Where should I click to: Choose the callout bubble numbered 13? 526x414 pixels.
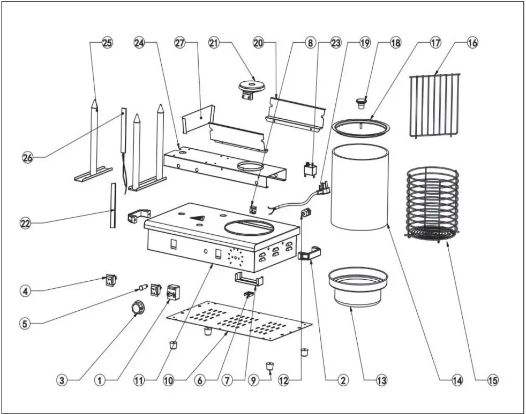[x=381, y=381]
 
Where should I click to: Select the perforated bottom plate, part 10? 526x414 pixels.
[x=239, y=321]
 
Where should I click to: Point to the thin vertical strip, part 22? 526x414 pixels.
[x=112, y=205]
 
